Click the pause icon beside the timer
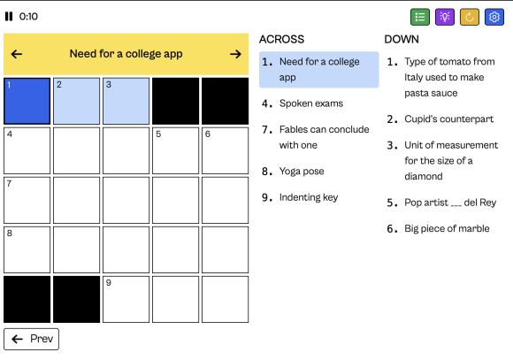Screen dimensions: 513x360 pos(9,16)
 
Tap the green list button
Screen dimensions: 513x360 pos(420,17)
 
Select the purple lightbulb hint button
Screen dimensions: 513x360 pos(445,17)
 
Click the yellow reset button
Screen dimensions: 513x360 pos(470,17)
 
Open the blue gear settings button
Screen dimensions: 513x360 pos(494,17)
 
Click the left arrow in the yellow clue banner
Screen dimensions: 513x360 pos(17,54)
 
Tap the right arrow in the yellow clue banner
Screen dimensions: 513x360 pos(235,54)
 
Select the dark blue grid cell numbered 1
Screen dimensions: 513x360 pos(27,101)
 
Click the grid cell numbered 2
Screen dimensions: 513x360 pos(77,101)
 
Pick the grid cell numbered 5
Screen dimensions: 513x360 pos(175,150)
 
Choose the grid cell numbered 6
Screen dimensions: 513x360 pos(225,150)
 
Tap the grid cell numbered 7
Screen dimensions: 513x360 pos(27,200)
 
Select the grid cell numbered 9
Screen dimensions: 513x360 pos(126,299)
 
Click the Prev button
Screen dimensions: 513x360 pos(32,339)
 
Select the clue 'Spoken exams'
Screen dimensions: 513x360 pos(310,103)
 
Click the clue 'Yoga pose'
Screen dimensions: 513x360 pos(302,172)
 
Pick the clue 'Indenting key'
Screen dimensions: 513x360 pos(309,197)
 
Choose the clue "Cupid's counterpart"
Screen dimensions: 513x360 pos(449,119)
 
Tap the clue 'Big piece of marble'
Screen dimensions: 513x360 pos(447,228)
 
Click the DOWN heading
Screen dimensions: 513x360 pos(402,39)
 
